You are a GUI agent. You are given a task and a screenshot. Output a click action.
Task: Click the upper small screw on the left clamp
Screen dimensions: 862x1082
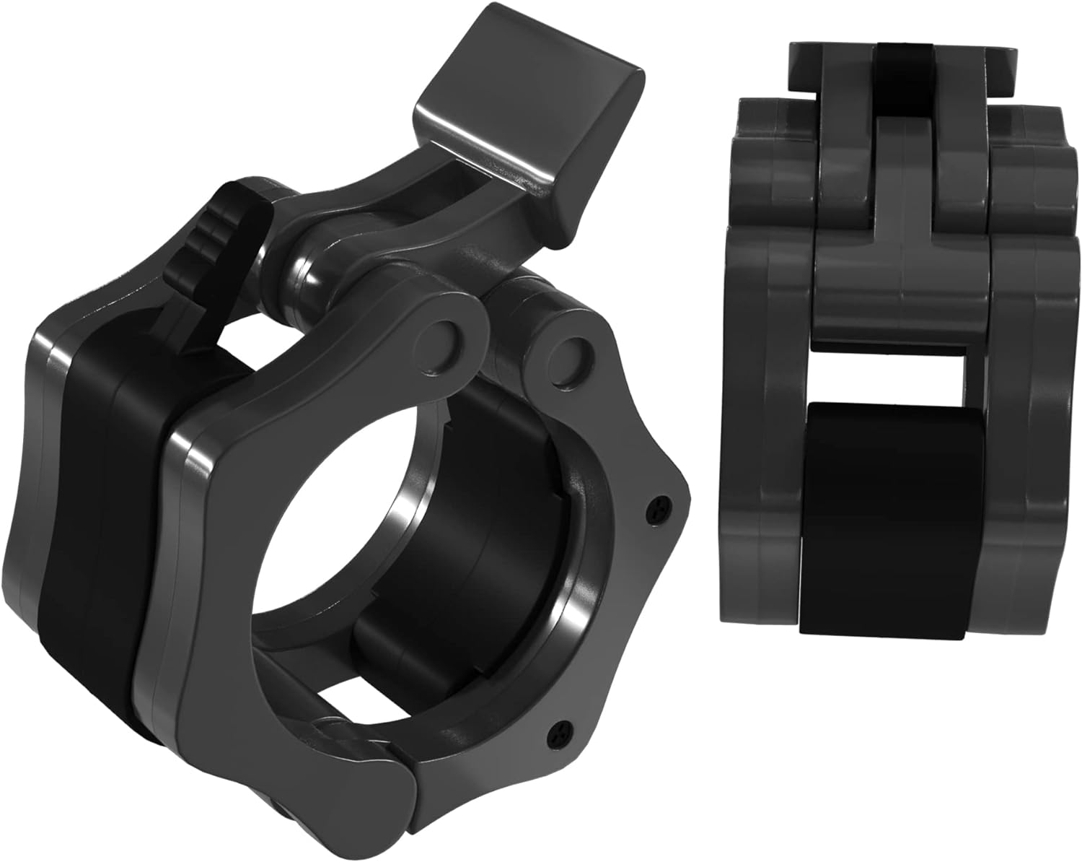coord(656,510)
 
